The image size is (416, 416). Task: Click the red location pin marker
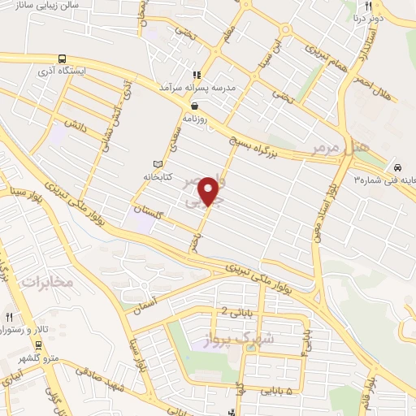209,191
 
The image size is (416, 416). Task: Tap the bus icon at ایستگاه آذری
63,58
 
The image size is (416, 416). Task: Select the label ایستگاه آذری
94,71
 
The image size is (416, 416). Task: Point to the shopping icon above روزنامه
194,106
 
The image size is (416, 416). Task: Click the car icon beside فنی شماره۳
395,161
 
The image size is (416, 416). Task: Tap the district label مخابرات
47,282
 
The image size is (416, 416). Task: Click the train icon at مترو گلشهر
39,344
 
